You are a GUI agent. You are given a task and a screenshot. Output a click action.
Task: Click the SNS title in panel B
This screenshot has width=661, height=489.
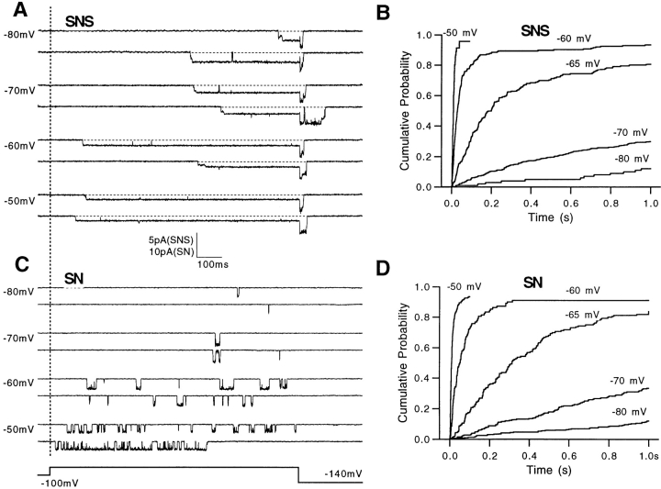[535, 30]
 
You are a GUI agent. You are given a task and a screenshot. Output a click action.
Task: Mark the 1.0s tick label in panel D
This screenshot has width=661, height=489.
[647, 453]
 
